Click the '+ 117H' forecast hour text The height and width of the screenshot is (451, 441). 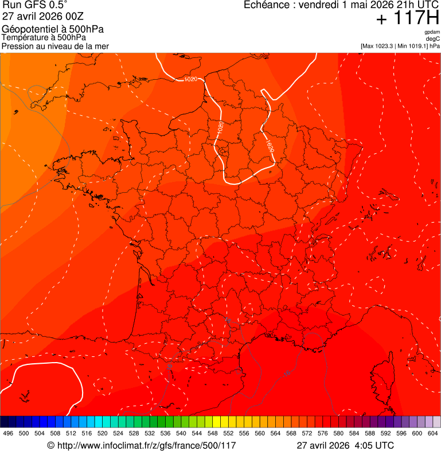pos(408,19)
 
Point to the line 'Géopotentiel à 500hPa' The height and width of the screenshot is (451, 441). pos(53,29)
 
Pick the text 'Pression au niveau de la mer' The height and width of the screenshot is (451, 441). pos(55,46)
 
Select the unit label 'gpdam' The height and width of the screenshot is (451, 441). pos(432,32)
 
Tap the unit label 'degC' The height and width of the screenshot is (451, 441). pos(433,39)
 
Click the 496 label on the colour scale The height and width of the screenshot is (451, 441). pos(8,433)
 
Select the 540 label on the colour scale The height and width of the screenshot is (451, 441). pos(181,433)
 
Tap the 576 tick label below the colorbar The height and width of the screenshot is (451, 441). pos(323,433)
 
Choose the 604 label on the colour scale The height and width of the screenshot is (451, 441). pos(433,433)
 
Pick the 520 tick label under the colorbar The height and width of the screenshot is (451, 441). pos(103,433)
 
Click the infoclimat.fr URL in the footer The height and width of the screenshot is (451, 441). pos(146,445)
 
